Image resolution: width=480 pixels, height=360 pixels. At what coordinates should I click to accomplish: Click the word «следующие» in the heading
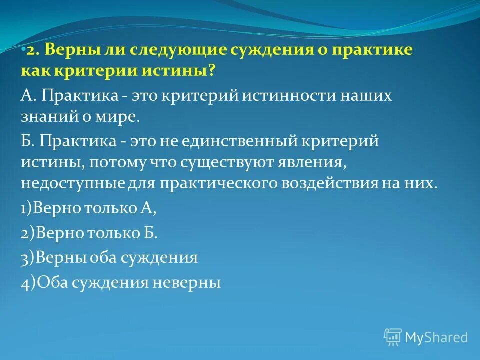click(x=182, y=50)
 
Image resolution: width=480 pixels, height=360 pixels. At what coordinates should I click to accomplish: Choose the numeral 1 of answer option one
click(x=23, y=208)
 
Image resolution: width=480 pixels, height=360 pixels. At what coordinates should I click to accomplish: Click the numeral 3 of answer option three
click(x=24, y=258)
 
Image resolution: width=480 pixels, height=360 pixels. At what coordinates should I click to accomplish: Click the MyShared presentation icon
click(x=392, y=337)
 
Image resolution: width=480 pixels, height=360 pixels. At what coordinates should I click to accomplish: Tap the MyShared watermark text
click(x=436, y=337)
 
